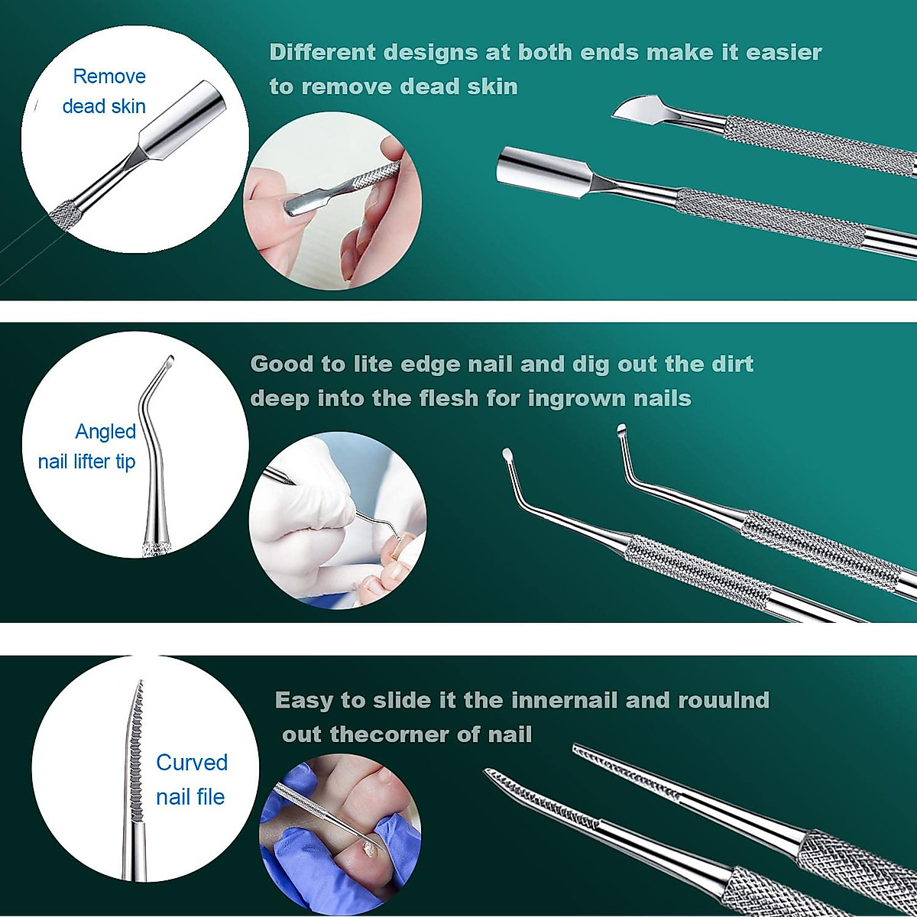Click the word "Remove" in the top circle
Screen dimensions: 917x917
(x=109, y=76)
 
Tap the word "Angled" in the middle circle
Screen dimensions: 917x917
(x=105, y=432)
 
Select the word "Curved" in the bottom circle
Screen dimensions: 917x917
(x=192, y=763)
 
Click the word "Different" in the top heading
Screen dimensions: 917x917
(x=322, y=53)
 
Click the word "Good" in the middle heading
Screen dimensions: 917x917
(x=280, y=364)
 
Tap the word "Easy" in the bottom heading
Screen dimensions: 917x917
(x=303, y=700)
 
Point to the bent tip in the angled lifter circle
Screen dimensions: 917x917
(x=167, y=362)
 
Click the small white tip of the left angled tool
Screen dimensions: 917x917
(x=506, y=455)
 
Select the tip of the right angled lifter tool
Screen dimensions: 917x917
(x=621, y=429)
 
